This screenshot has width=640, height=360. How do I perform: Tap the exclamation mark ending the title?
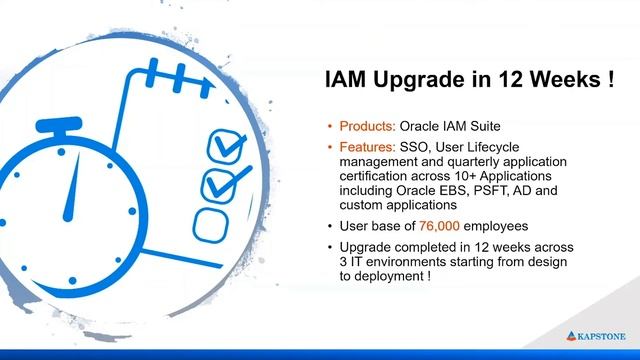(x=608, y=80)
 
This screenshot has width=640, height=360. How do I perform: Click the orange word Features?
(x=368, y=147)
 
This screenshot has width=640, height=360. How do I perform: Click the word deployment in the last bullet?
(x=387, y=276)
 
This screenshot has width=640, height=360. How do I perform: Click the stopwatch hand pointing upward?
(x=67, y=194)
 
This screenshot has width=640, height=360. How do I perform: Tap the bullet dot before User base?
(x=331, y=226)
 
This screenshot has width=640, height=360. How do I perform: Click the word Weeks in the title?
(x=559, y=80)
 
